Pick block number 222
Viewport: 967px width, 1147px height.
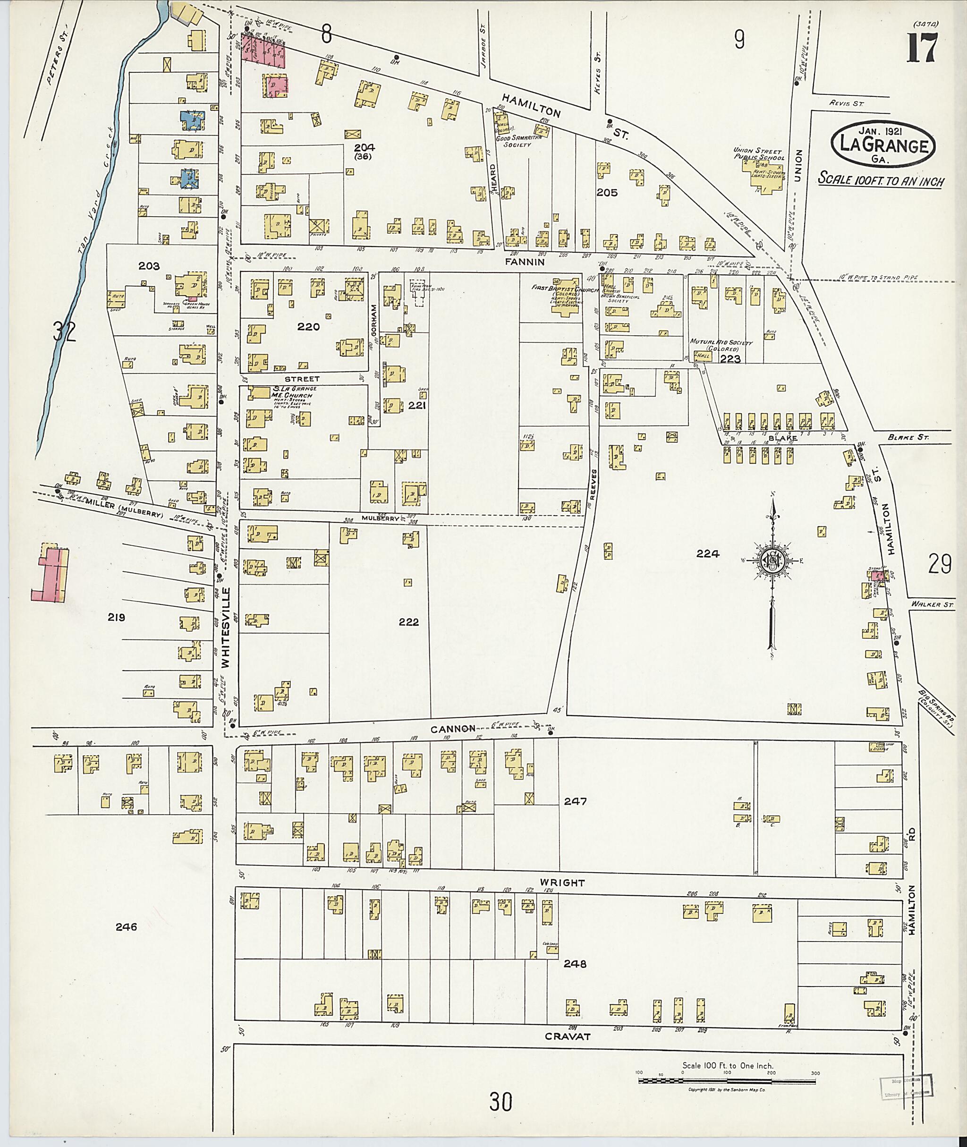pyautogui.click(x=409, y=622)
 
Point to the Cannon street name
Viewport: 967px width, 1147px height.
pyautogui.click(x=452, y=729)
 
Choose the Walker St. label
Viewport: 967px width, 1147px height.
pyautogui.click(x=927, y=605)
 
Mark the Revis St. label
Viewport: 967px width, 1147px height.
pyautogui.click(x=847, y=102)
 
